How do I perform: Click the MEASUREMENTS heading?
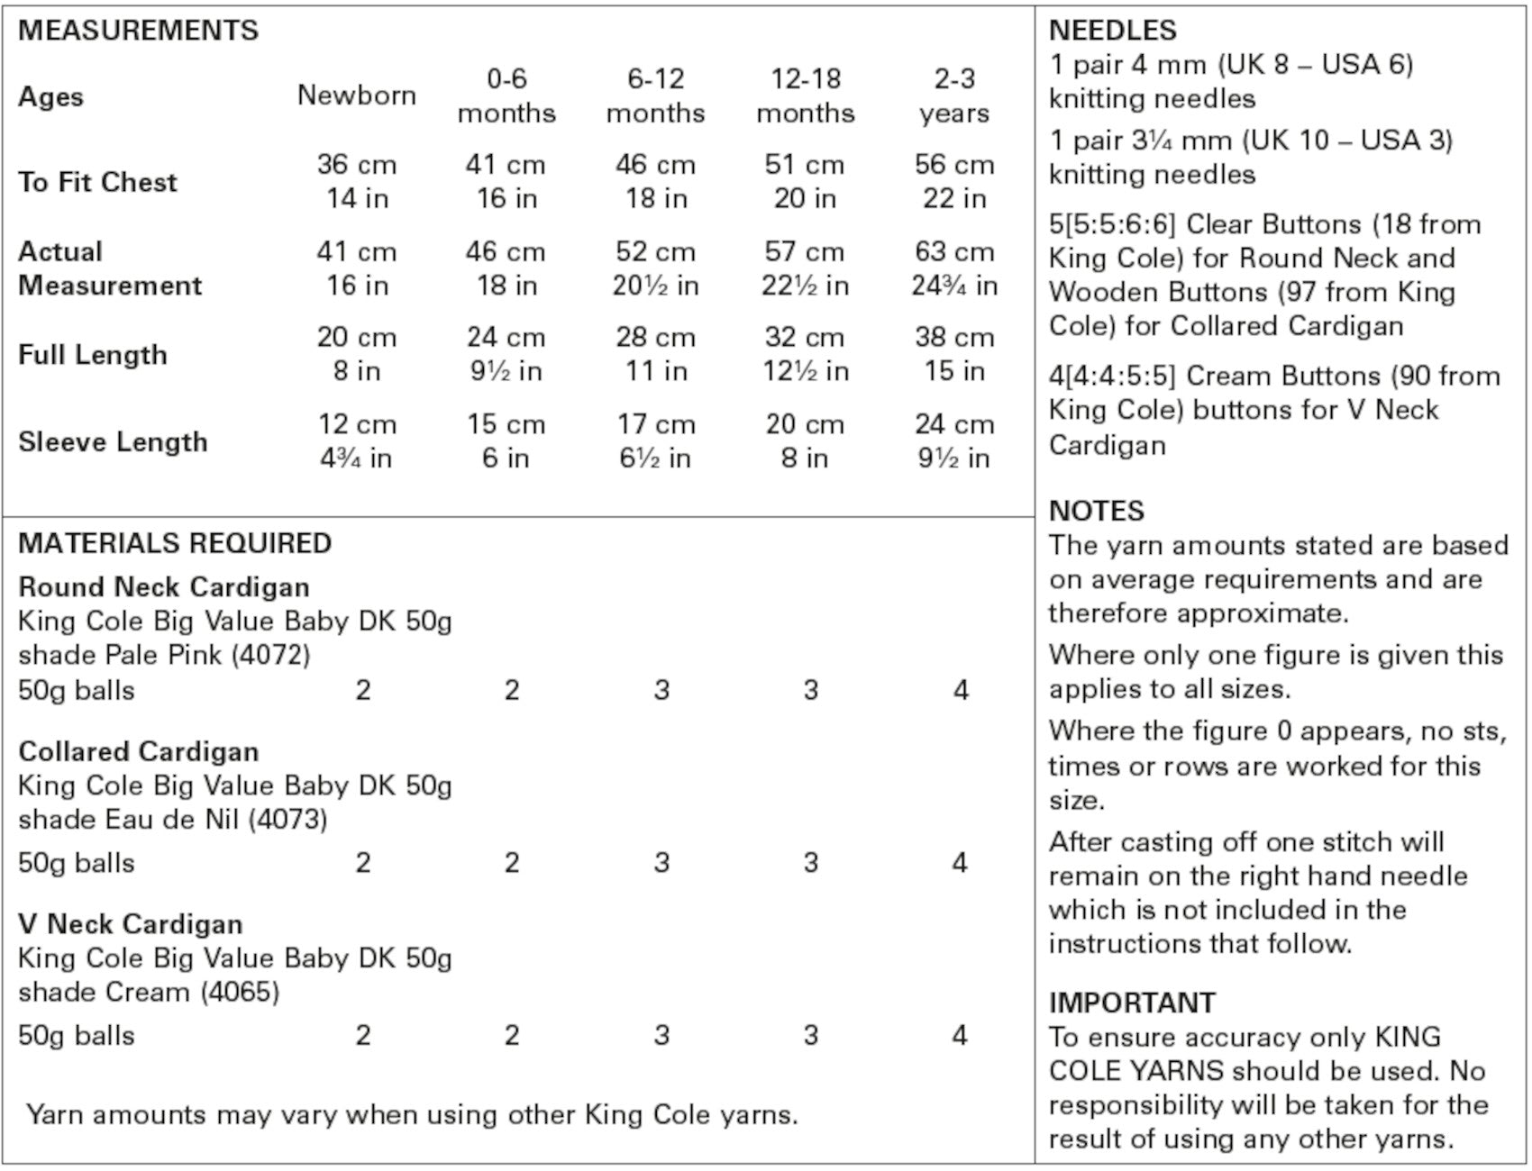138,31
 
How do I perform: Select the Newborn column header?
357,95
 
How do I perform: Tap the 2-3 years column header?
954,95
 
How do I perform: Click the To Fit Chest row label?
97,182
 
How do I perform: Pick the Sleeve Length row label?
113,441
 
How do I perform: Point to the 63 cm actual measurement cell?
954,251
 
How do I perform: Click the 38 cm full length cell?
954,338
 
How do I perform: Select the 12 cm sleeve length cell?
357,424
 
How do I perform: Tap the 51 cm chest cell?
805,165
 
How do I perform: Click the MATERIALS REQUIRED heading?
175,543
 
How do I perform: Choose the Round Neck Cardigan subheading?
164,587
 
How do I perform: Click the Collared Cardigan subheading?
139,751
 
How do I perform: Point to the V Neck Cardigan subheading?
131,924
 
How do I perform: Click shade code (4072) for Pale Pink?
270,655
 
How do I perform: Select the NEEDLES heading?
1112,31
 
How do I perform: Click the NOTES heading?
1096,511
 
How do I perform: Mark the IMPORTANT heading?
1131,1003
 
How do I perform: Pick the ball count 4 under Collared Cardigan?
960,863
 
